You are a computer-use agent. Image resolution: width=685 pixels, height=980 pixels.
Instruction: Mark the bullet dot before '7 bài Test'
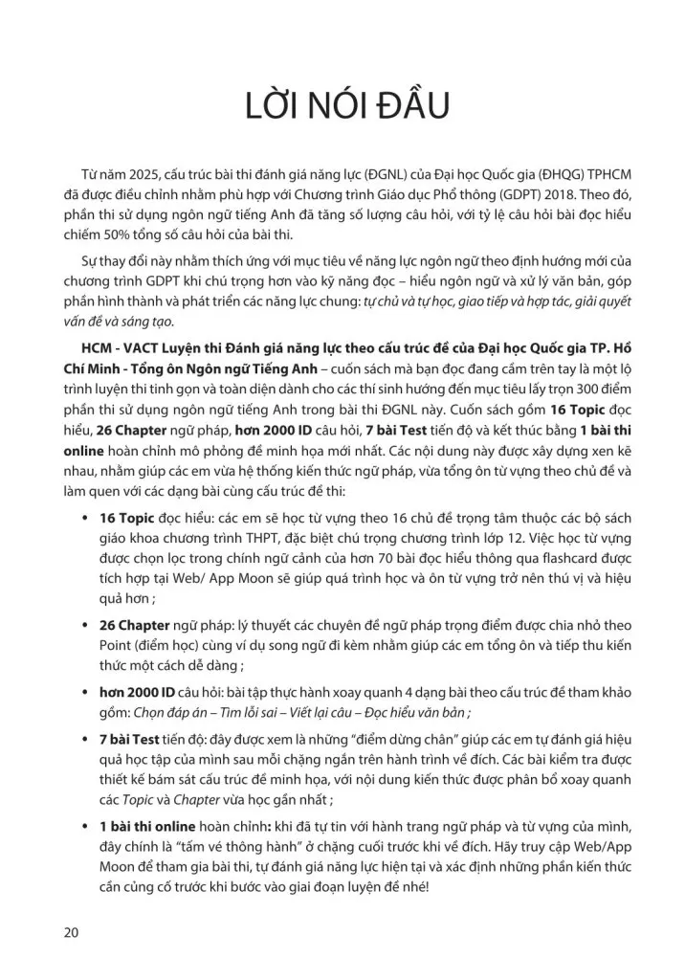pyautogui.click(x=89, y=739)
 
